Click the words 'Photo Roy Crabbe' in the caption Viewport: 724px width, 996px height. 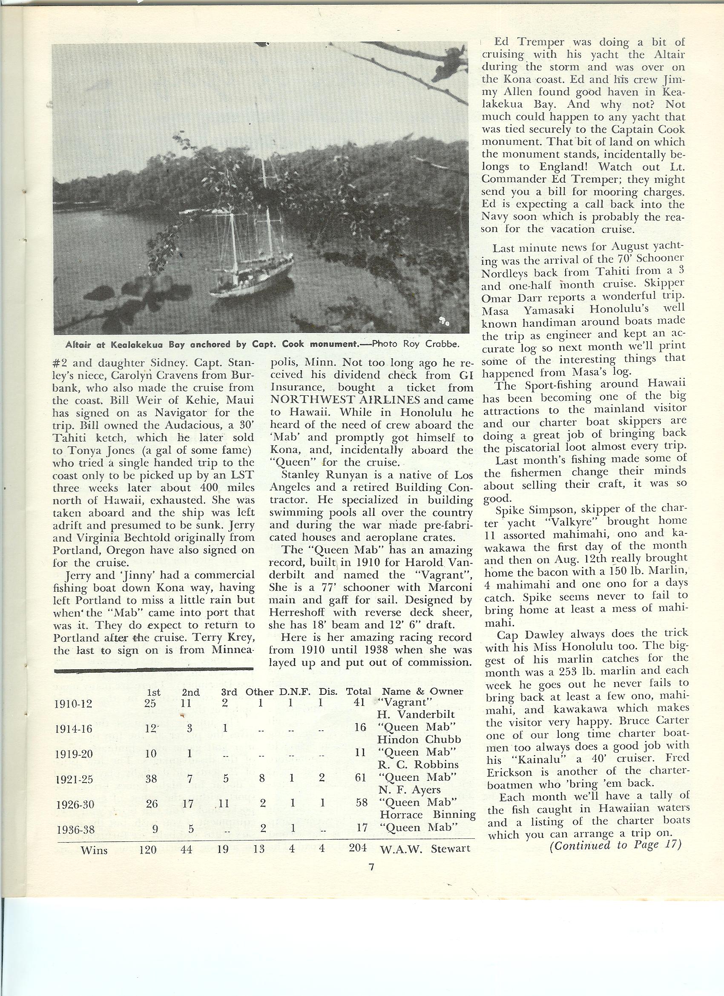(x=415, y=344)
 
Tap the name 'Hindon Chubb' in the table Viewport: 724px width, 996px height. (x=419, y=739)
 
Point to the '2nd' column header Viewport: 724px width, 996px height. (x=191, y=693)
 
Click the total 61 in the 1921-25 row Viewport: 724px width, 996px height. (x=360, y=777)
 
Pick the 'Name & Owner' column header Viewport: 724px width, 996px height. (x=422, y=691)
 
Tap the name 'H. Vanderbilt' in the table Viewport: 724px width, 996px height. (x=416, y=714)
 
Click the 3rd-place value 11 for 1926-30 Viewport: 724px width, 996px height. (x=224, y=803)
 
